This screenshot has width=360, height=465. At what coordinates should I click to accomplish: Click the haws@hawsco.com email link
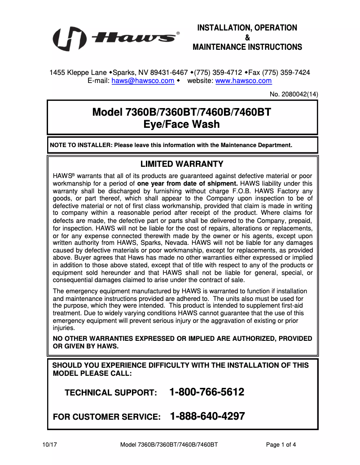click(x=143, y=81)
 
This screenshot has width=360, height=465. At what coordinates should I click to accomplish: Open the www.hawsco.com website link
click(x=243, y=81)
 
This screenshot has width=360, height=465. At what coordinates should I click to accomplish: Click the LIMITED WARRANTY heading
click(x=182, y=164)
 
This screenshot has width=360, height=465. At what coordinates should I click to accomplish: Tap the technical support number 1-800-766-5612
click(x=207, y=392)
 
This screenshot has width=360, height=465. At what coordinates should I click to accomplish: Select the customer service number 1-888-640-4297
click(x=207, y=416)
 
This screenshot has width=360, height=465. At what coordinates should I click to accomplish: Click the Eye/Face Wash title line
click(x=181, y=124)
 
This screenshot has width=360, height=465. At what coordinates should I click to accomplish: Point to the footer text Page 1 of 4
click(x=281, y=445)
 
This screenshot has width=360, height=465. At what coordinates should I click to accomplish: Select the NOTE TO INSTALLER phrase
click(x=80, y=145)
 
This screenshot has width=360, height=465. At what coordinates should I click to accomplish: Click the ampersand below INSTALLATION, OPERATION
click(x=247, y=38)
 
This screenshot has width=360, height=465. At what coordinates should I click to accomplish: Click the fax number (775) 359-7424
click(x=285, y=72)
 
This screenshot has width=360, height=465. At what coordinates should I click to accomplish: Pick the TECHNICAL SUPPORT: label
click(x=111, y=393)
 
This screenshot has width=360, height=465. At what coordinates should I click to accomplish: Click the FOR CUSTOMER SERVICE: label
click(x=107, y=417)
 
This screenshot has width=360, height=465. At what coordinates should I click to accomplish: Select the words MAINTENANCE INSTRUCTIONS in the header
click(x=247, y=47)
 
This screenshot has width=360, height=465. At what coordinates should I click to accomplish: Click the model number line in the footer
click(x=169, y=445)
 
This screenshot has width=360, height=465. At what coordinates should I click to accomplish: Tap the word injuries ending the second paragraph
click(x=64, y=328)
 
